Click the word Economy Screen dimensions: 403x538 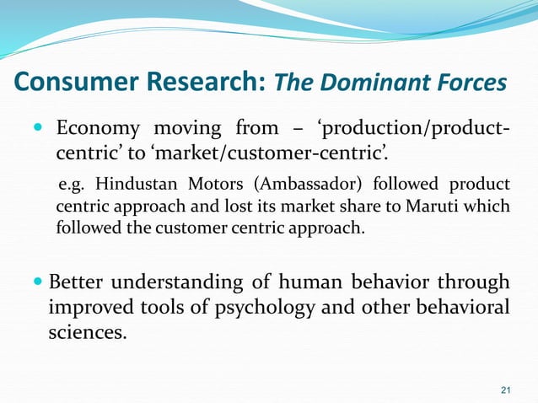click(x=100, y=128)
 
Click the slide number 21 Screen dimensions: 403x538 click(x=506, y=389)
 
